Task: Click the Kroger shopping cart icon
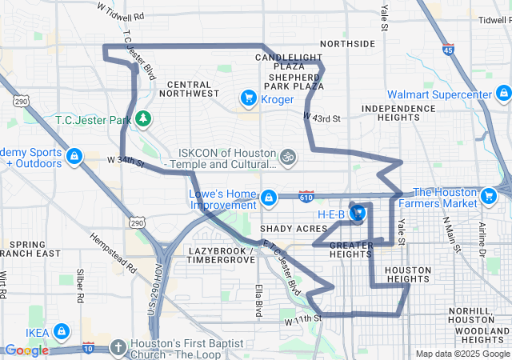click(x=248, y=99)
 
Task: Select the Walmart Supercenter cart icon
click(x=502, y=95)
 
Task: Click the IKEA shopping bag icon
click(x=62, y=331)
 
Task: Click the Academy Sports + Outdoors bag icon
click(x=74, y=155)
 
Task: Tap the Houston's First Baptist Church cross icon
click(x=118, y=347)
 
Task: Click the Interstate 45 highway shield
click(x=448, y=50)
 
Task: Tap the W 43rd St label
click(x=322, y=118)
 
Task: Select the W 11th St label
click(x=302, y=320)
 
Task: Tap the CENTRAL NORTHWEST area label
click(x=190, y=89)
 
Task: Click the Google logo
click(x=26, y=350)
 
